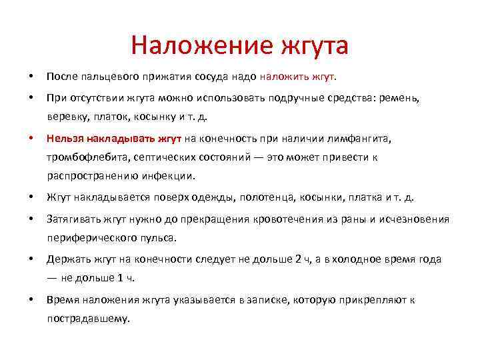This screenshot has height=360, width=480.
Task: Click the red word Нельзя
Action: pyautogui.click(x=65, y=139)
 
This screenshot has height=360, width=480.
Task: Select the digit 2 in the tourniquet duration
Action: pyautogui.click(x=298, y=259)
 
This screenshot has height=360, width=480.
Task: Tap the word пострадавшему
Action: pyautogui.click(x=87, y=318)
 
